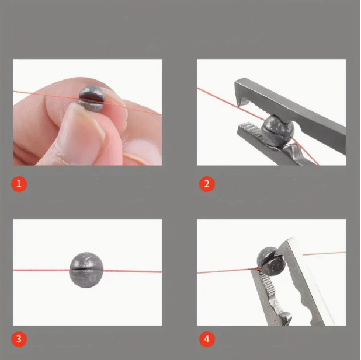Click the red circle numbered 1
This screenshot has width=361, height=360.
(19, 184)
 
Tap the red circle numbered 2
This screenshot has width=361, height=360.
(207, 184)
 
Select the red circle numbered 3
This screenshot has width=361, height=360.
(19, 339)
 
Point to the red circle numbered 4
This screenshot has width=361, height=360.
(207, 339)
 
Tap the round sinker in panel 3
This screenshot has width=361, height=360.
(86, 270)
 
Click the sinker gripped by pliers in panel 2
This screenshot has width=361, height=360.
(277, 131)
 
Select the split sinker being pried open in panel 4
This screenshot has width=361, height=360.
(271, 261)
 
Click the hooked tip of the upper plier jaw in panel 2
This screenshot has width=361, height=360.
(242, 101)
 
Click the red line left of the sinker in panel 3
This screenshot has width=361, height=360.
(41, 270)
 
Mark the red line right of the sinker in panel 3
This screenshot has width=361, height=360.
(133, 271)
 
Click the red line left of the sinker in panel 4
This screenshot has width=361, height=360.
(228, 271)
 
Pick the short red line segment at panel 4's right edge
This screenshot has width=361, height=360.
(324, 254)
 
